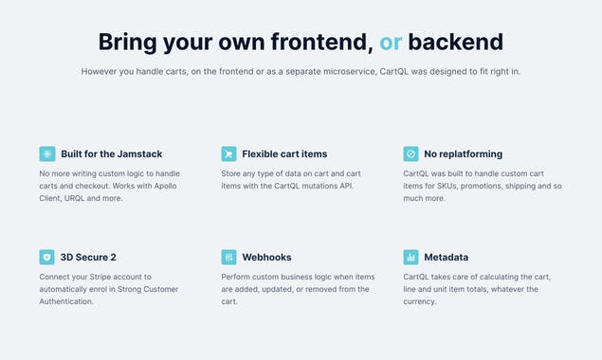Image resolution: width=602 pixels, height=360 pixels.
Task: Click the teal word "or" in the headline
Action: click(391, 42)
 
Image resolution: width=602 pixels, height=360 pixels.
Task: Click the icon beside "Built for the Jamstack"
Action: click(47, 153)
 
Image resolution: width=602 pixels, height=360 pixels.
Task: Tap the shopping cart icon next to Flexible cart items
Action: click(228, 153)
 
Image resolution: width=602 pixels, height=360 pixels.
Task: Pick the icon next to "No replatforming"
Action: click(410, 153)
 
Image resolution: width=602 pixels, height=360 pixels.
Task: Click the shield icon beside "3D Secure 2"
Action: click(47, 257)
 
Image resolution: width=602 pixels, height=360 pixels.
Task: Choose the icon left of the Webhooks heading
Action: click(228, 257)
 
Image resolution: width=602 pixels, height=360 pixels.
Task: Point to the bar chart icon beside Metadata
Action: click(410, 257)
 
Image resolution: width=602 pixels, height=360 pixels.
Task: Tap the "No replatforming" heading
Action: click(464, 153)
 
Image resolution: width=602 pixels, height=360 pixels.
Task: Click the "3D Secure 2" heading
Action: click(88, 257)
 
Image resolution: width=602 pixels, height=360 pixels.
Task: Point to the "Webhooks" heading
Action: click(266, 257)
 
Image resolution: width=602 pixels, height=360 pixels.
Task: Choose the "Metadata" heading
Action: click(446, 257)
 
